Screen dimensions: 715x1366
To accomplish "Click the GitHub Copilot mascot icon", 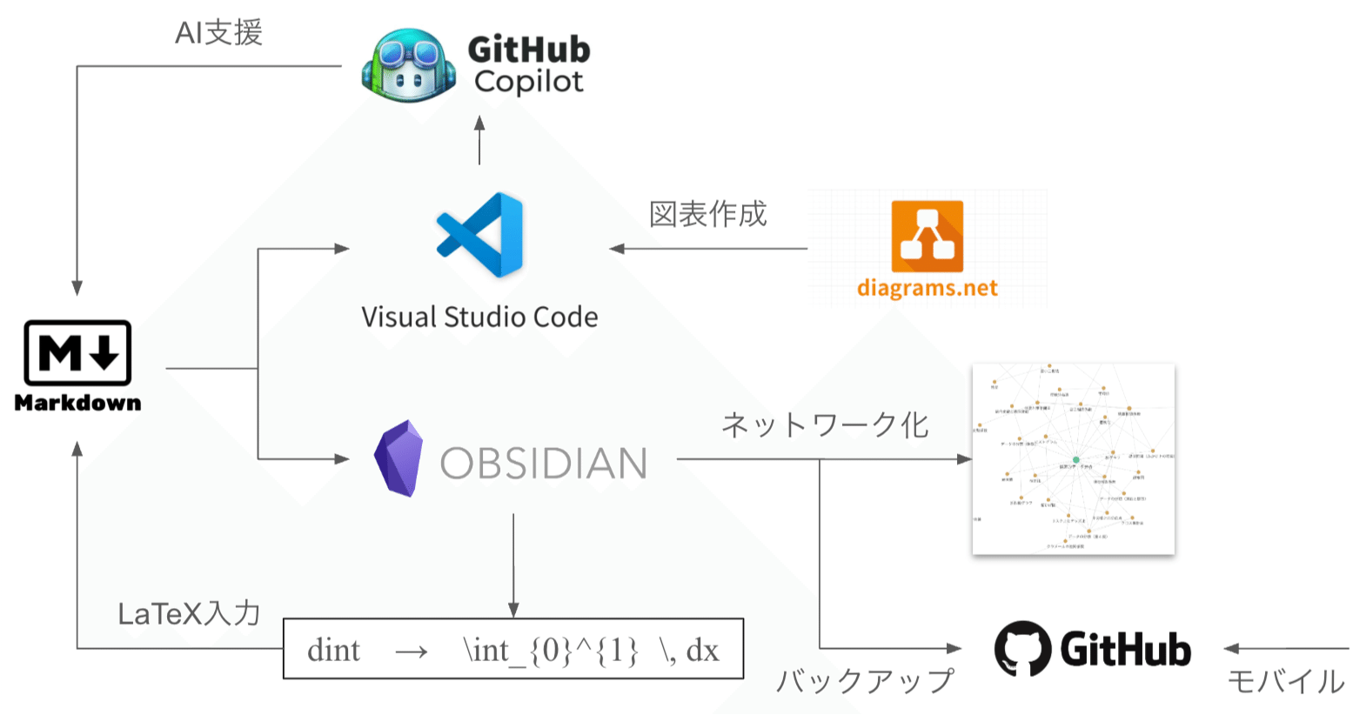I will click(409, 65).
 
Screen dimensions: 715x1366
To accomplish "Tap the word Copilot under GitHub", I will click(528, 82).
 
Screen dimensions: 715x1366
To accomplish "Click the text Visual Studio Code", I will click(479, 317).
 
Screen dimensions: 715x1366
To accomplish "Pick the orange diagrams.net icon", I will click(927, 236).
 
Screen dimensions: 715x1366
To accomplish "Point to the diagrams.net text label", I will click(927, 288).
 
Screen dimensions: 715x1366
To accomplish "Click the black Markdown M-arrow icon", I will click(77, 352).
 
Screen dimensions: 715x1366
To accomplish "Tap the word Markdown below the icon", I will click(77, 403).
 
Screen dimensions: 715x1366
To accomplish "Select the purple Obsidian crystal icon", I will click(398, 458).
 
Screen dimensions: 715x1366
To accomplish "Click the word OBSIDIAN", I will click(544, 464).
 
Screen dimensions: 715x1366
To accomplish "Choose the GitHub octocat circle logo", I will click(1022, 648).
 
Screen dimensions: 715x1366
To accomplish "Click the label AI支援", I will click(218, 33).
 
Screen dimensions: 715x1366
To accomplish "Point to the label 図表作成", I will click(707, 214).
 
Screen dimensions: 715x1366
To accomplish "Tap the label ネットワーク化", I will click(825, 425).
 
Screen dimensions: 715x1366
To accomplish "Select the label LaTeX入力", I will click(189, 614).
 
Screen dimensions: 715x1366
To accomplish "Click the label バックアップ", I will click(865, 681).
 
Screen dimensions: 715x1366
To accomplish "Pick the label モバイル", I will click(1285, 681).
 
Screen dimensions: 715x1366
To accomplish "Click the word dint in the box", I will click(333, 651).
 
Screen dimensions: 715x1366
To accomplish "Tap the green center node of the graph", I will click(1075, 459).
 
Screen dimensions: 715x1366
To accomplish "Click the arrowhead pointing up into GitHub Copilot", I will click(479, 124).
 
